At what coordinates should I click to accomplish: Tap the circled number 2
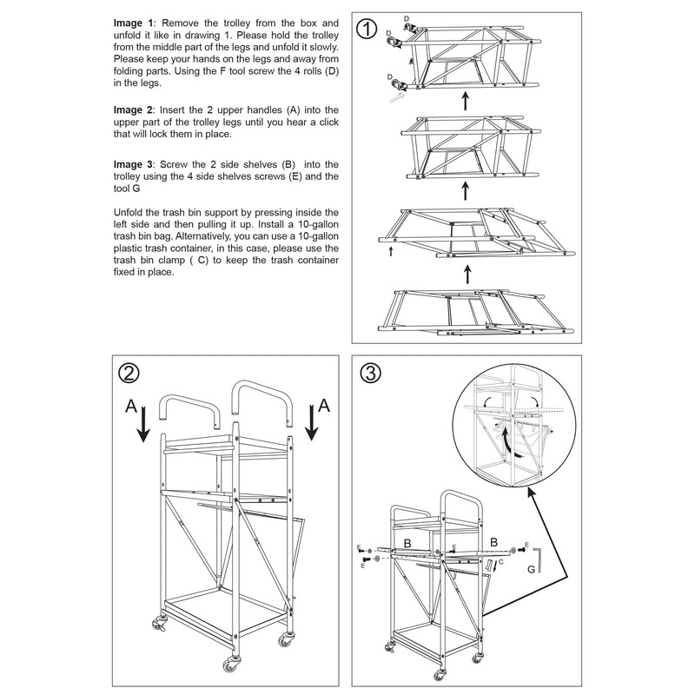[129, 373]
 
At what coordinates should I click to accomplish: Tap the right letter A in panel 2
[323, 405]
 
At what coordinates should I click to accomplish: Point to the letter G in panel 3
[531, 571]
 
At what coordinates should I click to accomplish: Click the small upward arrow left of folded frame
[391, 251]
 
